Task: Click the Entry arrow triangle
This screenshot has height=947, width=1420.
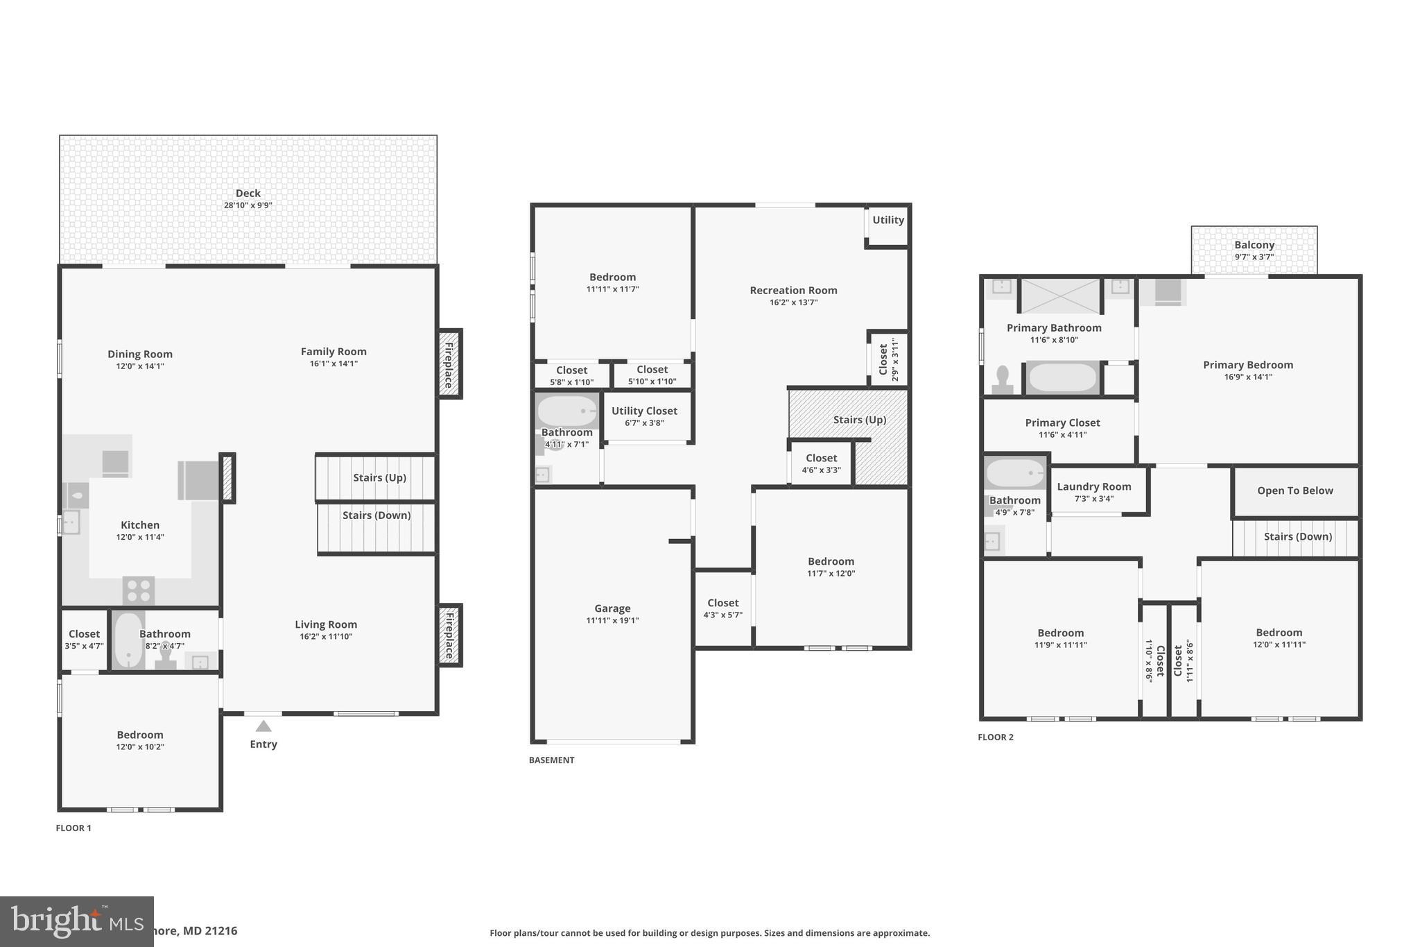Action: (263, 726)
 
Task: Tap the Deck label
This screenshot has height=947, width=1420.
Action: (248, 194)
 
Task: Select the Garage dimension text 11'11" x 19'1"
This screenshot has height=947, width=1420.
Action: (612, 621)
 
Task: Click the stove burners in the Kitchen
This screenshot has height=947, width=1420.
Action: (139, 591)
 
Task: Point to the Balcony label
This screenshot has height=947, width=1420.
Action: (1254, 245)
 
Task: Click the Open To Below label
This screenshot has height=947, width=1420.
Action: (1295, 490)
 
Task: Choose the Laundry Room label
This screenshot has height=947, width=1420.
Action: (1093, 487)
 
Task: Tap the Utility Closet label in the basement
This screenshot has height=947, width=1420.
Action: (644, 411)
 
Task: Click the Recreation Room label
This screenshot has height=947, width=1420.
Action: (793, 291)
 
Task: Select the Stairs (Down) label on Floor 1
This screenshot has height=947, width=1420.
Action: (376, 515)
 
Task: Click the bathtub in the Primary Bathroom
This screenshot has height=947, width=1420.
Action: (1062, 378)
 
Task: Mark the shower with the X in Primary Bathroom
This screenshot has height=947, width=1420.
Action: (1061, 296)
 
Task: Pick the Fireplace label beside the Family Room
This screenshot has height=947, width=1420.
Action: (449, 364)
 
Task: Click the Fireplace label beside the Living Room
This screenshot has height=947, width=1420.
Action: (449, 635)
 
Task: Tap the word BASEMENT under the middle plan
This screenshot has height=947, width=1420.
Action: (551, 760)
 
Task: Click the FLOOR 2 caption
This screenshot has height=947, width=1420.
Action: (995, 737)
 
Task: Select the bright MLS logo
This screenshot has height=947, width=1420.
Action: (76, 921)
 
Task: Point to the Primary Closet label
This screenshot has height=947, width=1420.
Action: (1062, 423)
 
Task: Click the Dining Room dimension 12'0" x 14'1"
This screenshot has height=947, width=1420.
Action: (140, 366)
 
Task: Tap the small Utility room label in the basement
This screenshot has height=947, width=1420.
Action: (887, 220)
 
